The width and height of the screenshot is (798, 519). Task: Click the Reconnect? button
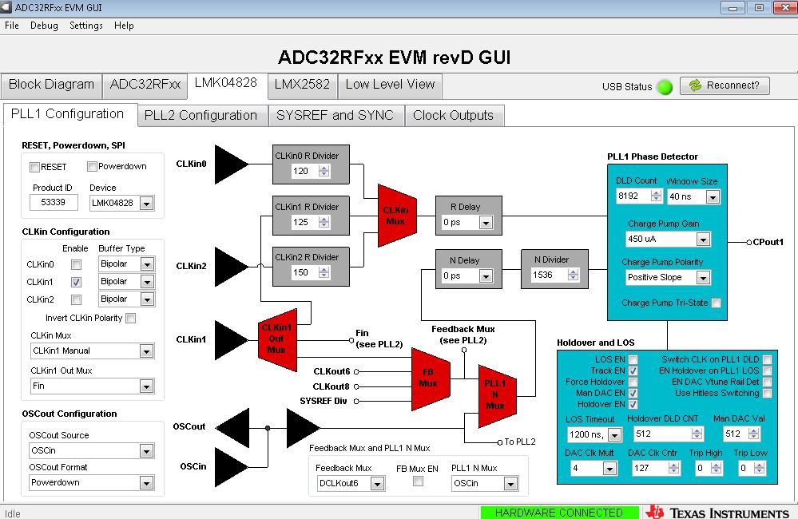point(725,85)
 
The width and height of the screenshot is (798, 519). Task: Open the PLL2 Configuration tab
point(201,116)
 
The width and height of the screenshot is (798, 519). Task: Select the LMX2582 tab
point(302,85)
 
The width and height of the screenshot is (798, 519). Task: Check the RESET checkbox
point(34,167)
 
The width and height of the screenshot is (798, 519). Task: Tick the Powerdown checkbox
point(92,166)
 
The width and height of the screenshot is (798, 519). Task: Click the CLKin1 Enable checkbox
point(77,282)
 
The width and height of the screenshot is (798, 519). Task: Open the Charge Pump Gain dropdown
point(703,240)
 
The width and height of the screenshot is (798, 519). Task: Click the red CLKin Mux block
point(397,216)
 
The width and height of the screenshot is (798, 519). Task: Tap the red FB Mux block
point(430,379)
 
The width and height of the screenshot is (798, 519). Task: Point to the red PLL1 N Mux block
point(497,396)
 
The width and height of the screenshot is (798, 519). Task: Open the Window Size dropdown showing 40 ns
point(713,197)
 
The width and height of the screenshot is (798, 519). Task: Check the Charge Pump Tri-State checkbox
point(716,303)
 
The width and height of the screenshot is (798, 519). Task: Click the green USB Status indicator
point(665,87)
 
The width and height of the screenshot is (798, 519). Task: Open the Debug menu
point(44,26)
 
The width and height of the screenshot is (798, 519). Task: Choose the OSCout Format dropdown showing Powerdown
point(146,483)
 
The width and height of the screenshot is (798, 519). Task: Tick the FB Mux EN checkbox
point(418,481)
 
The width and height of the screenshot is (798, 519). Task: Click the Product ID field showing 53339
point(54,203)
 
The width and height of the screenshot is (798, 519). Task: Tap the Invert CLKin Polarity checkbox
point(131,318)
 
